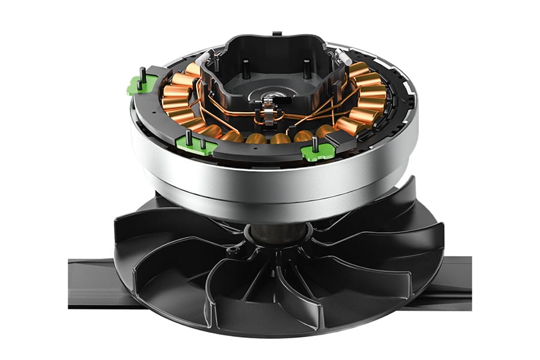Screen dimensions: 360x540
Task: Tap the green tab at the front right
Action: click(316, 152)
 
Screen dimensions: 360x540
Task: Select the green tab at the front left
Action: click(193, 145)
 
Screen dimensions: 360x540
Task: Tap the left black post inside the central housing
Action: click(245, 68)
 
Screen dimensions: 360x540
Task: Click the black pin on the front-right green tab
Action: click(314, 143)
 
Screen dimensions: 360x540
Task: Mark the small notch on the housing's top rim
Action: click(276, 34)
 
